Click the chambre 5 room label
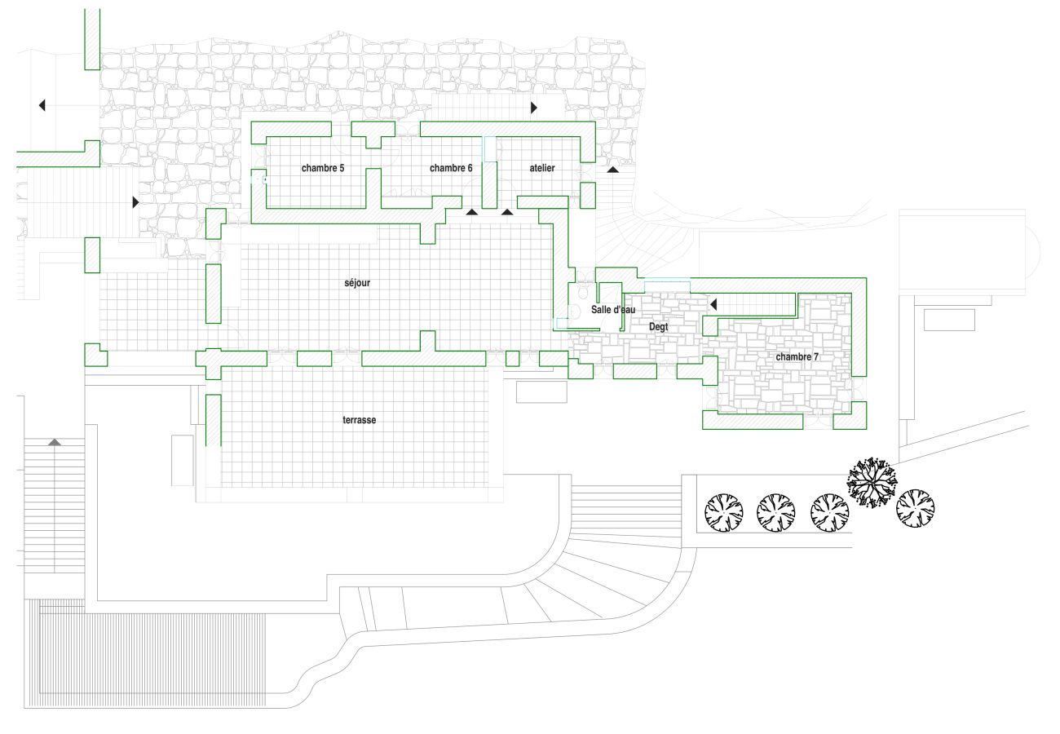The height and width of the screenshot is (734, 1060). (x=323, y=169)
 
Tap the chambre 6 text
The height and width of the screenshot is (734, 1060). (x=451, y=168)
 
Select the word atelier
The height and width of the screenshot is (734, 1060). (x=542, y=168)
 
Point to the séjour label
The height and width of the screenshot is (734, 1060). (x=357, y=283)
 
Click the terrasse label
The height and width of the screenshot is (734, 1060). (x=359, y=420)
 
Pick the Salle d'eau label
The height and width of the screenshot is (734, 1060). (x=613, y=310)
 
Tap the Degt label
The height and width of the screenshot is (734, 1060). (x=658, y=327)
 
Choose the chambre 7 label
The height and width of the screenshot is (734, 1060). (x=797, y=357)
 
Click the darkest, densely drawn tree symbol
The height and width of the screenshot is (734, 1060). (x=871, y=483)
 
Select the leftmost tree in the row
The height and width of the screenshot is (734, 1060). (x=724, y=511)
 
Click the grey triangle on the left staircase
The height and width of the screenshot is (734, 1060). (x=54, y=442)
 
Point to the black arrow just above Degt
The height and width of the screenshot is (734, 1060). (x=713, y=304)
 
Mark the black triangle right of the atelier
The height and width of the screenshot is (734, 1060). (x=612, y=169)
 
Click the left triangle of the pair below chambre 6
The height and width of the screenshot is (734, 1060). (x=472, y=212)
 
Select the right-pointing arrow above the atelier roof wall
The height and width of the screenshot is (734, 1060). (x=534, y=107)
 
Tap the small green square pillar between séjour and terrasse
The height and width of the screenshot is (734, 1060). (x=512, y=358)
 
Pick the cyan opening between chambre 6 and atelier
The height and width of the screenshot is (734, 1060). (x=488, y=148)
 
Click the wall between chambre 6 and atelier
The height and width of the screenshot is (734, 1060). (x=489, y=184)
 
